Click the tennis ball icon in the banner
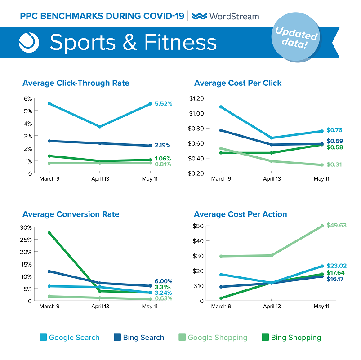29,42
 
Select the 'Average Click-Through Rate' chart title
76,83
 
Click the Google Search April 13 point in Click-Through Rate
100,127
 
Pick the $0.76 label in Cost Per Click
335,131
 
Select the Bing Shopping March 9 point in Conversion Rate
49,233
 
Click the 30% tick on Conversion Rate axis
26,227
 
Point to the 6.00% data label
163,281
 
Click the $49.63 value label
336,225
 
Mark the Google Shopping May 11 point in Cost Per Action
321,226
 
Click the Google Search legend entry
69,338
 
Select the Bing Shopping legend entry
291,338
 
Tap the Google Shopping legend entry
213,338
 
